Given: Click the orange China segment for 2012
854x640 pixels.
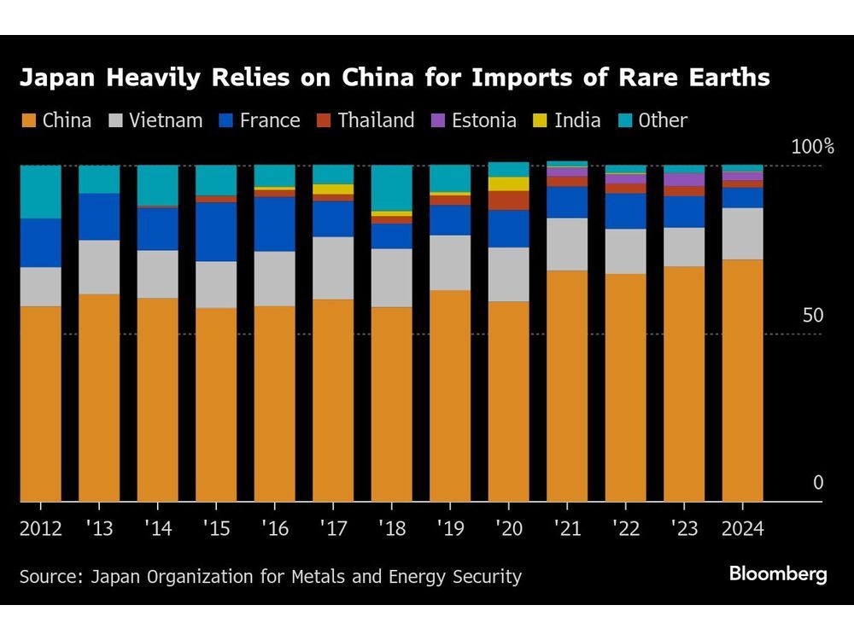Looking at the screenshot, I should pos(40,403).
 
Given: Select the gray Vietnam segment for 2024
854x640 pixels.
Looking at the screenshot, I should pos(742,233).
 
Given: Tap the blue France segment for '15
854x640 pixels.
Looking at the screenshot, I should pos(216,231).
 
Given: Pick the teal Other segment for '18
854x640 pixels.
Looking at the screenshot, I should pos(391,188).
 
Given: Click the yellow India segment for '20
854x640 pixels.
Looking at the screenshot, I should pos(508,183).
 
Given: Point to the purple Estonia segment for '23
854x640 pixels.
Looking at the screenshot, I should pos(684,179).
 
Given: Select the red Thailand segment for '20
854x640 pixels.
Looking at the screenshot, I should pos(508,201).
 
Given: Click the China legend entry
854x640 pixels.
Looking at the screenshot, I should pos(56,120).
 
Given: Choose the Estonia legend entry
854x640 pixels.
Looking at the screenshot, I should pos(473,120).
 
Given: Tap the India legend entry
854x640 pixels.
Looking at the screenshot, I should pos(567,120).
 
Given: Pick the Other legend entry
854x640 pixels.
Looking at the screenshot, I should pos(652,120).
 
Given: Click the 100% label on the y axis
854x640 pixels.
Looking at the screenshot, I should pos(811,146).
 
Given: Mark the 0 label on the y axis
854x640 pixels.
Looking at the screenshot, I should pos(817,483).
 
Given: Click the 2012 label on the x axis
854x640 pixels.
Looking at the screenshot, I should pos(40,528).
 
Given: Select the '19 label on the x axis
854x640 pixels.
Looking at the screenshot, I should pos(450,528).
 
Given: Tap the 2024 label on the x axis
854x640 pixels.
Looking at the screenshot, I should pos(742,528).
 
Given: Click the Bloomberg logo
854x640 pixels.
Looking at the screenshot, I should pos(777,574).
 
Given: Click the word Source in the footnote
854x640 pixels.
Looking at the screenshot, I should pos(47,577).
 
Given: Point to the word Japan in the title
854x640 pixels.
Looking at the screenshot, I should pos(53,79).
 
